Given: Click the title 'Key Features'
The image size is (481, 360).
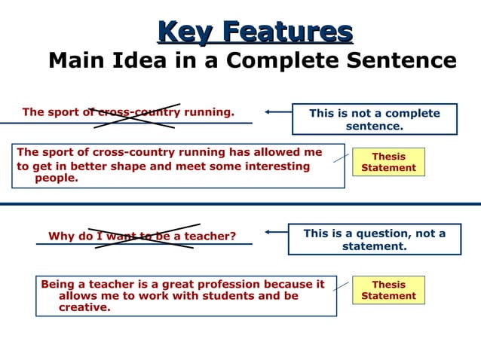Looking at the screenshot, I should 255,32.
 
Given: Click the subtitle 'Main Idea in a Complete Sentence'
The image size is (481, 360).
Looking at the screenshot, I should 253,60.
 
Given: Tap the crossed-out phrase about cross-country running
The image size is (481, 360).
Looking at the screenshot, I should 128,113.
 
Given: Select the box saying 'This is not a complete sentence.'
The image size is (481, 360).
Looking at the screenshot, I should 374,119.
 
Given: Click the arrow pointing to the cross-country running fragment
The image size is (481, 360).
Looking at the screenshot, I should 277,112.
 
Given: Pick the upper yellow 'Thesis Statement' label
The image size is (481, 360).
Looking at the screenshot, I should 388,162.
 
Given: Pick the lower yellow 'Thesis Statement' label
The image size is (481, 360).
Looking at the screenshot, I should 388,290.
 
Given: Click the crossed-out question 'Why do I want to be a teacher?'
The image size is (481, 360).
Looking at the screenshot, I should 142,236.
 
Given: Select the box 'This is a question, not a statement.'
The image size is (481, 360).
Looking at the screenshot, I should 374,239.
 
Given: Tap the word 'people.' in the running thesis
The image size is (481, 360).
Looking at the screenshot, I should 57,178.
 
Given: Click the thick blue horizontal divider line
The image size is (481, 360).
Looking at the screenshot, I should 240,203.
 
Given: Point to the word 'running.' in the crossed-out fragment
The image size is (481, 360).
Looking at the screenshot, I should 208,113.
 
